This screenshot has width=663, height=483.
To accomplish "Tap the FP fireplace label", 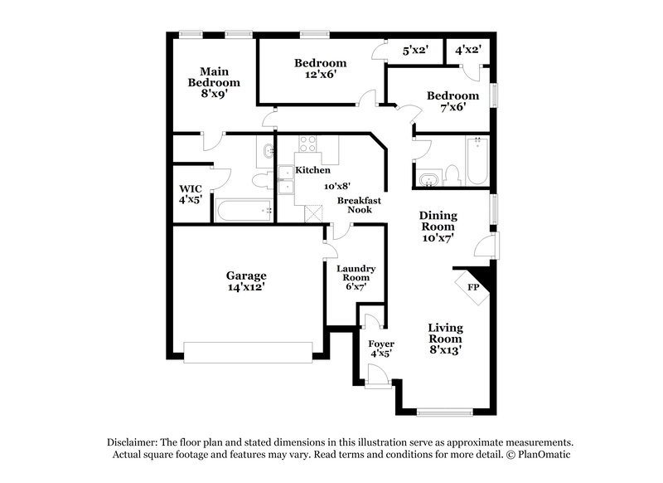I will pos(474,287).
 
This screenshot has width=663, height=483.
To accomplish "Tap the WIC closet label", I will pos(191,193).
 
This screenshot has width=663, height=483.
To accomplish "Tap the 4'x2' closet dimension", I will pos(468,51).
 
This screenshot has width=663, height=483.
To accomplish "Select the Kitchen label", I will pos(312,170).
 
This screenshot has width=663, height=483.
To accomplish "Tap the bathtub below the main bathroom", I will pos(244,209).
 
